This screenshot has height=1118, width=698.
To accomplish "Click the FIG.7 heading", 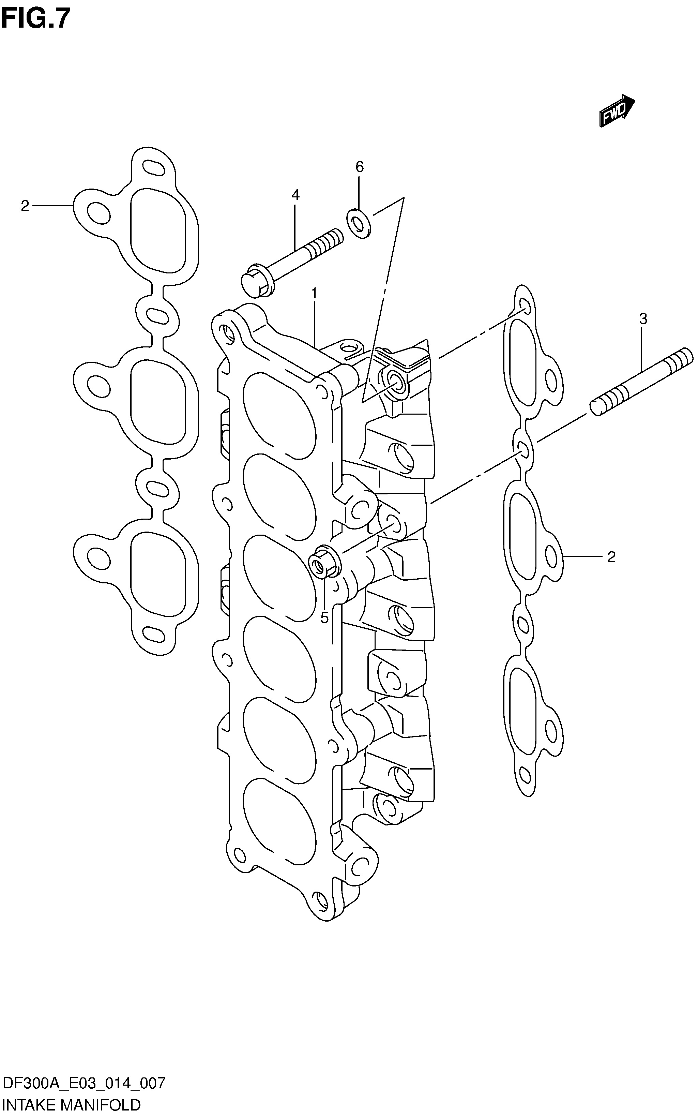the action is [36, 18].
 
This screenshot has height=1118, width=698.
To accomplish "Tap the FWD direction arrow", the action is [617, 110].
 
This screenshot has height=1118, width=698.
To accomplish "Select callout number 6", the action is [360, 166].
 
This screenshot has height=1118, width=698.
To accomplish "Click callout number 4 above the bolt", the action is [295, 195].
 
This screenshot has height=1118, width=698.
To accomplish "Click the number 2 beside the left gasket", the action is [25, 206].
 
